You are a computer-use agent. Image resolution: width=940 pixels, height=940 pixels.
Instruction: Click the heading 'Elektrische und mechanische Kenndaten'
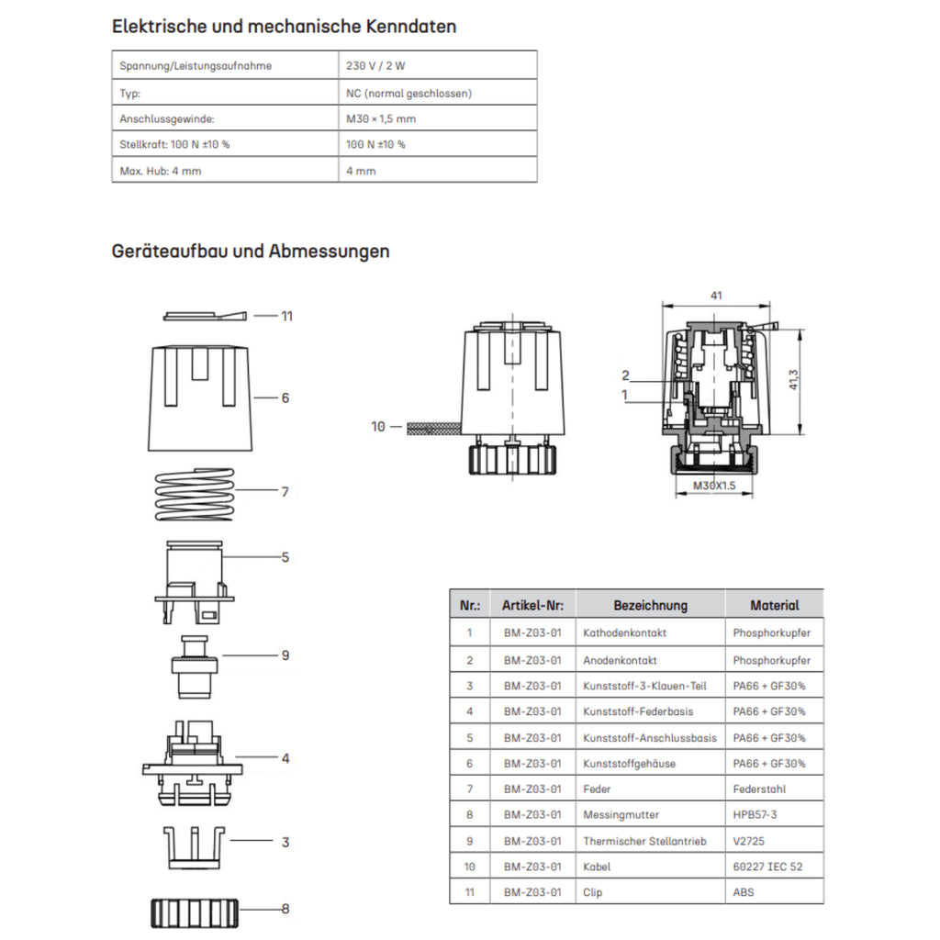[x=284, y=26]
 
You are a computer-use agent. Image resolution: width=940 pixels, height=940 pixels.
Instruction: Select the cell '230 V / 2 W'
[x=375, y=66]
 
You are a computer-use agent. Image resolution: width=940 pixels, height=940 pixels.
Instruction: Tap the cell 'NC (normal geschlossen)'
[x=408, y=93]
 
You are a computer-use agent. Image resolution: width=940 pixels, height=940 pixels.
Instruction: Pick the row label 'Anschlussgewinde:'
[x=167, y=118]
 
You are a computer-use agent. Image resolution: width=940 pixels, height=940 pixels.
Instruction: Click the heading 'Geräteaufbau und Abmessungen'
[x=251, y=251]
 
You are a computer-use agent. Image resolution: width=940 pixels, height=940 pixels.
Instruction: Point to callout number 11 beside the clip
[x=287, y=316]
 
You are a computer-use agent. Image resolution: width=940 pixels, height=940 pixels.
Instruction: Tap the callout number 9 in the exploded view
[x=285, y=655]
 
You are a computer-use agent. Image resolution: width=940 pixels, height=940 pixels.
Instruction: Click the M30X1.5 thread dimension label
[x=715, y=486]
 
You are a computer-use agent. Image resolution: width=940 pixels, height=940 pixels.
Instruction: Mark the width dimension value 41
[x=716, y=296]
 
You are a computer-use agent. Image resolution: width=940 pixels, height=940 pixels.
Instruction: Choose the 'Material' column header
[x=774, y=605]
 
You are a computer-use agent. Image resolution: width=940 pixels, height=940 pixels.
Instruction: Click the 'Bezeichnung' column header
[x=650, y=605]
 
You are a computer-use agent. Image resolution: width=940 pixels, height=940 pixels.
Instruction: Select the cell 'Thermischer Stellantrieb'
[x=644, y=841]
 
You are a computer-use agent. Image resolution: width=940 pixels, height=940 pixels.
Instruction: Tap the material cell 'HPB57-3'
[x=755, y=814]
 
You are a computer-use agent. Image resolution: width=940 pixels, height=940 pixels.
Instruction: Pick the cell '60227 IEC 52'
[x=767, y=867]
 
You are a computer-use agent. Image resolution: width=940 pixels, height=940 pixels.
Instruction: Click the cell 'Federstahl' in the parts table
[x=759, y=789]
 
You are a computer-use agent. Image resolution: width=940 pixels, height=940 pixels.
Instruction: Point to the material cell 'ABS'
[x=744, y=892]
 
